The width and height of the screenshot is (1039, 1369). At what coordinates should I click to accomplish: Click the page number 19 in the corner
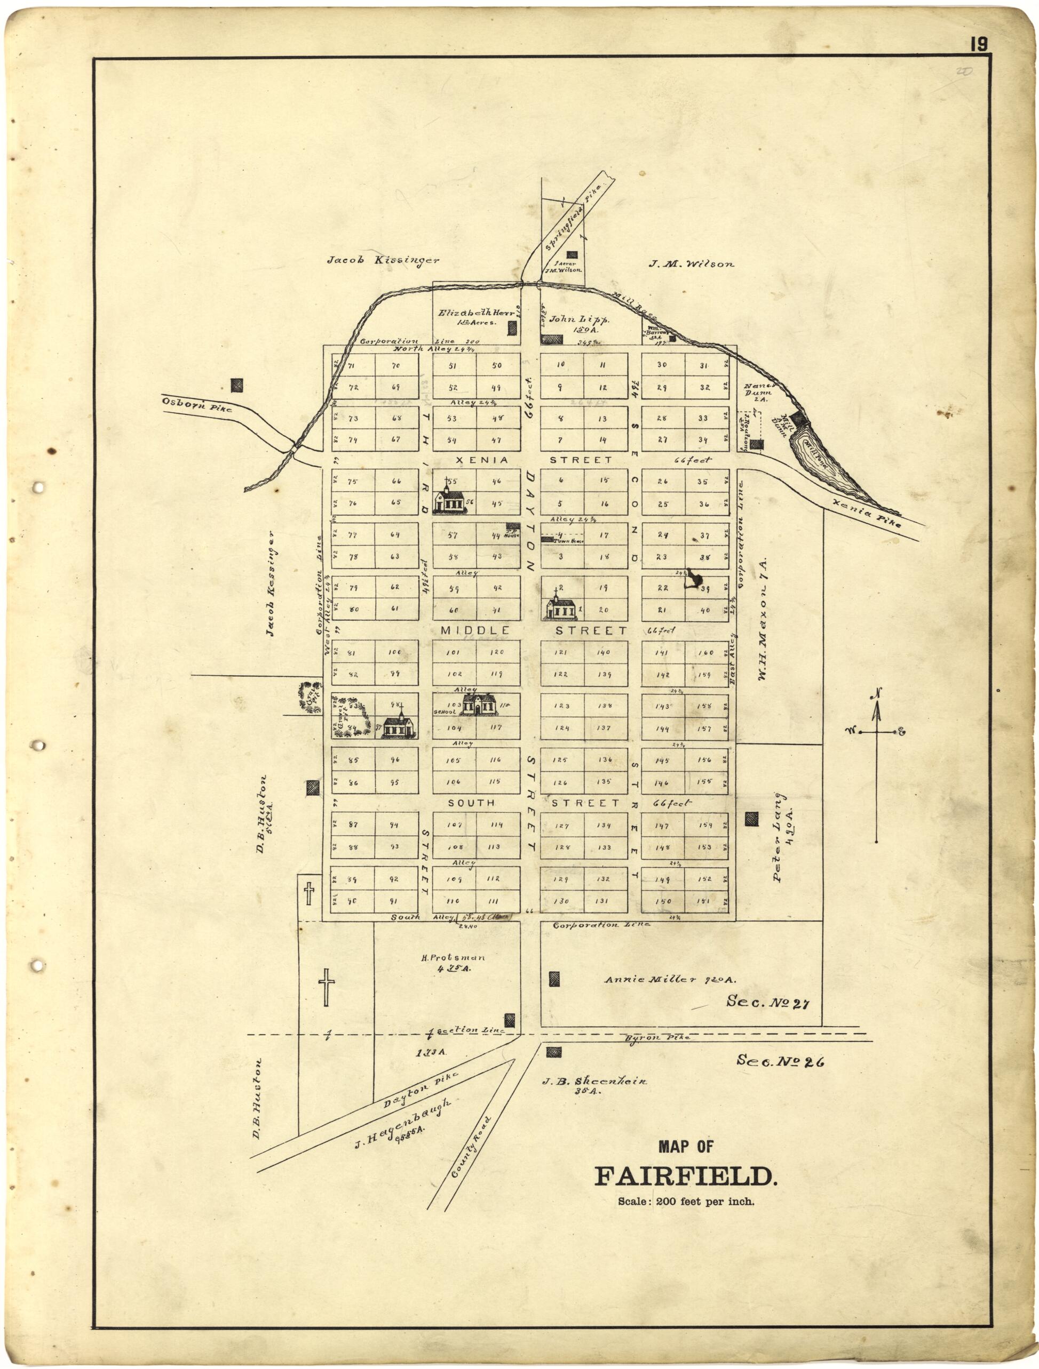pos(979,45)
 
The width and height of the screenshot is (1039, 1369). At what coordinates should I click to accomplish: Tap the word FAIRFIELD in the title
pos(685,1176)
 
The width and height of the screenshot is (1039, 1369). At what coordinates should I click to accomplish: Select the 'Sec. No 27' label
pos(768,1002)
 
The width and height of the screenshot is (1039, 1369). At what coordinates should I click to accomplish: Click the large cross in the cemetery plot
pos(326,987)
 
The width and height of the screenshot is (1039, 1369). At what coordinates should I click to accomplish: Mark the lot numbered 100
pos(395,652)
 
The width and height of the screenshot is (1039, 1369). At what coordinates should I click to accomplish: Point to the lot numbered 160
pos(706,652)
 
